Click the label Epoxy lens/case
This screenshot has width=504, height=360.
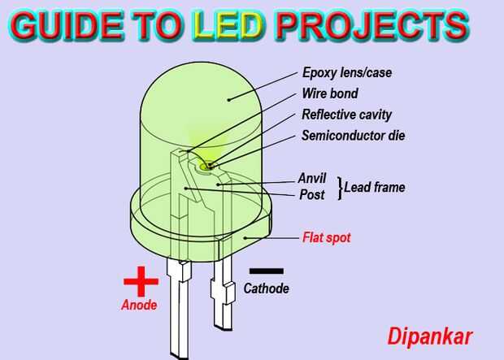pos(346,73)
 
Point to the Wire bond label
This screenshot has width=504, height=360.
pos(329,93)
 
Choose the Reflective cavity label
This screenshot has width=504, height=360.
pos(345,114)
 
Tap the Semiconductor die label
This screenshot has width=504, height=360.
pos(353,135)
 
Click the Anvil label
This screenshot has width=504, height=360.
pos(311,177)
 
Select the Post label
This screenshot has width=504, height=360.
pos(312,194)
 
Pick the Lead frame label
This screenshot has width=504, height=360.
pos(375,188)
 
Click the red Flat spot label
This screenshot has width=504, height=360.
pos(327,238)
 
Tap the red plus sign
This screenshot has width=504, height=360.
pos(141,282)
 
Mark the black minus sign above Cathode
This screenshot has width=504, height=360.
pos(266,271)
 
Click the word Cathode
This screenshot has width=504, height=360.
pos(266,288)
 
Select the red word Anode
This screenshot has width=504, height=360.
pos(138,306)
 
